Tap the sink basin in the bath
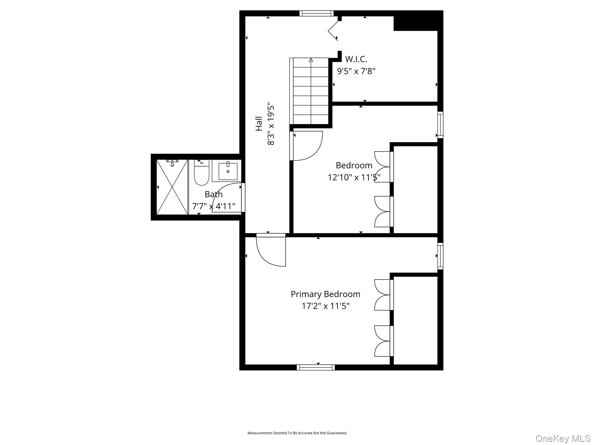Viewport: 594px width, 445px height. click(228, 172)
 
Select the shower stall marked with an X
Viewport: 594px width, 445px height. click(172, 187)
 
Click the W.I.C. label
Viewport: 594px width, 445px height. click(356, 59)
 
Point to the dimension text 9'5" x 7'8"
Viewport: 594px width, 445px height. click(356, 71)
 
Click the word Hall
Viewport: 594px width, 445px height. click(259, 124)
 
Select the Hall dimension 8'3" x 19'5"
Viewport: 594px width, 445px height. click(271, 124)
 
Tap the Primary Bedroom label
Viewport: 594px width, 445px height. click(325, 294)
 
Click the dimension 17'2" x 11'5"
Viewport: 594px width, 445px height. click(325, 306)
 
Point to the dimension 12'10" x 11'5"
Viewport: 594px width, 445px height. click(354, 177)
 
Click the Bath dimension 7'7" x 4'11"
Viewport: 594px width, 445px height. click(213, 206)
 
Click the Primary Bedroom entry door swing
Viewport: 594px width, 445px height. click(271, 250)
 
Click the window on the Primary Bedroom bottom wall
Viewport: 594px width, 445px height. click(316, 367)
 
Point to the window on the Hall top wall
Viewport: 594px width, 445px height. click(316, 13)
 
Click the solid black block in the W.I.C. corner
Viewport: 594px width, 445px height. click(418, 21)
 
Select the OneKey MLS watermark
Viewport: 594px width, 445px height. click(563, 438)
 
